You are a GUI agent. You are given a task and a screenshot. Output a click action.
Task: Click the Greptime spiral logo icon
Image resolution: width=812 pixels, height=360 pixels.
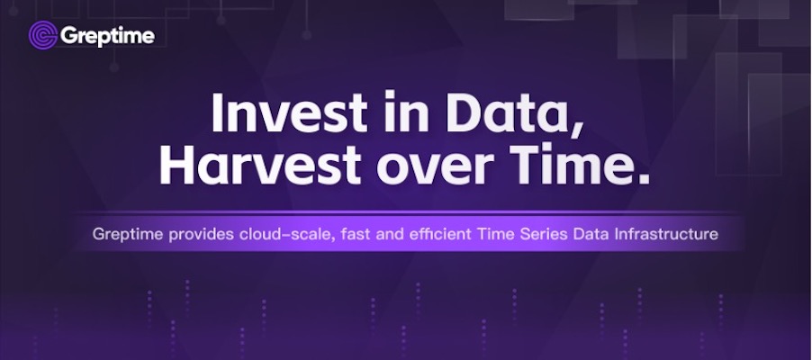click(43, 35)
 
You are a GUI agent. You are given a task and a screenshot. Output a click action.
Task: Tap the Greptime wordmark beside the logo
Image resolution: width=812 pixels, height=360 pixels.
click(107, 37)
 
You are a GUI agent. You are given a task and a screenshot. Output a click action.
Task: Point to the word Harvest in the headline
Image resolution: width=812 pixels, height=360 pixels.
click(260, 164)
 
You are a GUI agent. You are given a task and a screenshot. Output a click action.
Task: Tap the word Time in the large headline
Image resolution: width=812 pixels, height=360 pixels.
click(567, 164)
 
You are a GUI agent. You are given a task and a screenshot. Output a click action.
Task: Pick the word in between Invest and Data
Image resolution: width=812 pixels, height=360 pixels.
click(407, 112)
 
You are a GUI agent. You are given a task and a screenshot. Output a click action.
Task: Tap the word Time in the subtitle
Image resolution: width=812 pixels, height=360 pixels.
click(496, 234)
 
